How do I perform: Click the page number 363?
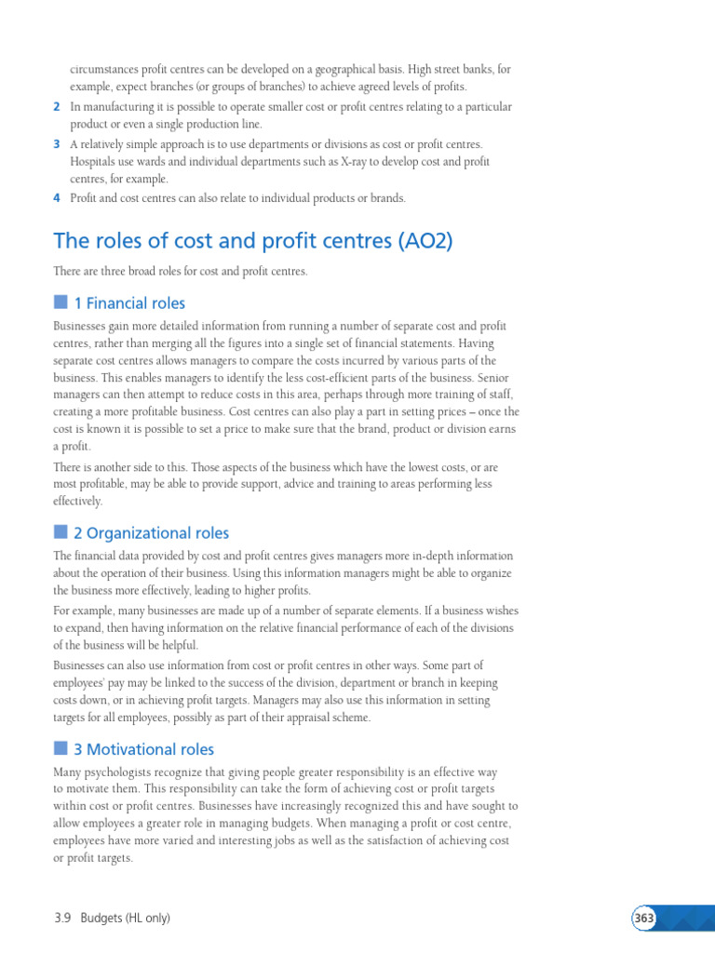click(x=644, y=919)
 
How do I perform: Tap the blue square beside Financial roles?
click(x=61, y=302)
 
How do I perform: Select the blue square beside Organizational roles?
click(x=61, y=531)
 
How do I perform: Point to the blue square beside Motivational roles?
click(x=61, y=747)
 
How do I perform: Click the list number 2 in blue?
click(x=57, y=107)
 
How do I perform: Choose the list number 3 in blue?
click(x=57, y=144)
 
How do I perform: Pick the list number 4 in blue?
click(x=57, y=197)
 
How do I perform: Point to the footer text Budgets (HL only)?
click(x=126, y=919)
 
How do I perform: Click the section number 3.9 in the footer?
click(x=63, y=919)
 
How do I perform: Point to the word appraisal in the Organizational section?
click(x=295, y=718)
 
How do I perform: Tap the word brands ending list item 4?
click(x=387, y=197)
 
